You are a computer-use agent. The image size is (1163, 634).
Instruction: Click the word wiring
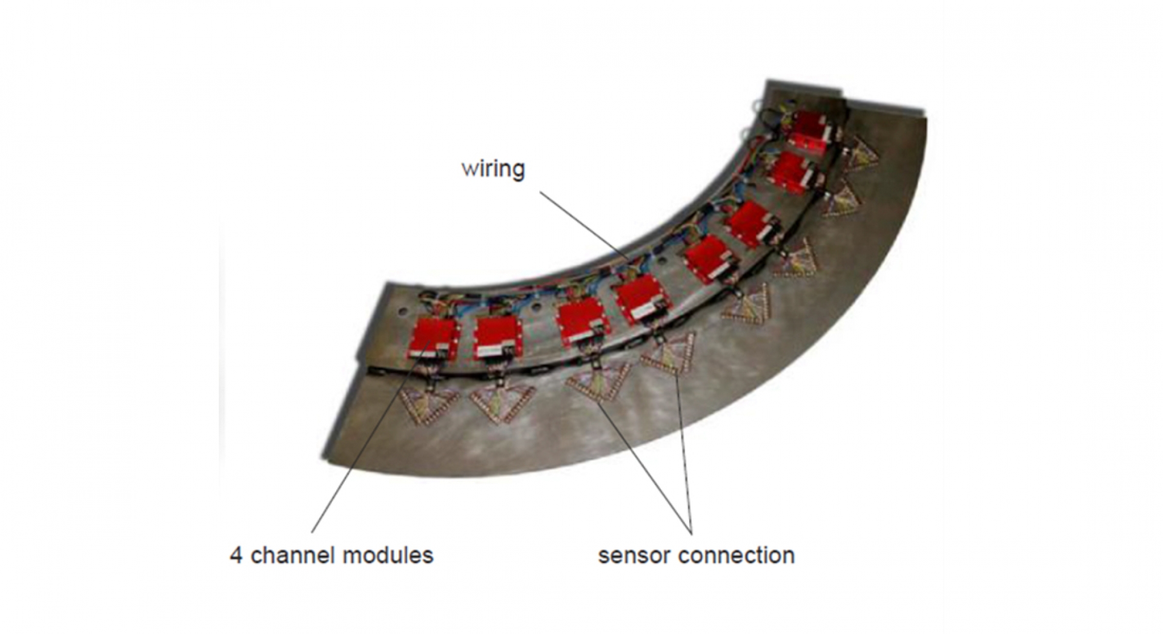coord(493,168)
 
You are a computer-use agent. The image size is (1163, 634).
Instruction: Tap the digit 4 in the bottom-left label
coord(236,555)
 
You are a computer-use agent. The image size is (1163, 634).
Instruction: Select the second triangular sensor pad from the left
coord(502,401)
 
